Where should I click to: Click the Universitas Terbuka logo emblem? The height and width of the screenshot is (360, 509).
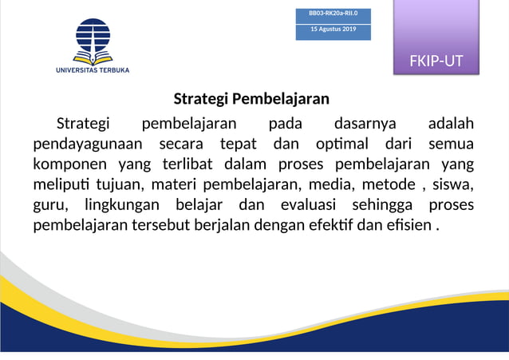[x=93, y=42]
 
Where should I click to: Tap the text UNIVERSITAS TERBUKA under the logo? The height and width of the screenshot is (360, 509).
[x=93, y=70]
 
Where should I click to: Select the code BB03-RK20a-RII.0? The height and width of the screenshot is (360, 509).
[x=333, y=14]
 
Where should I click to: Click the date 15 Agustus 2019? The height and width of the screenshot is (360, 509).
[x=333, y=30]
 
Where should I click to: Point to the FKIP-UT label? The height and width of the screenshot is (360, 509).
[x=436, y=61]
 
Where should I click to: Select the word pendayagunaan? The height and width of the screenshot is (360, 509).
[x=88, y=144]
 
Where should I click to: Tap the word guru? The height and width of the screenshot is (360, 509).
[x=49, y=206]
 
